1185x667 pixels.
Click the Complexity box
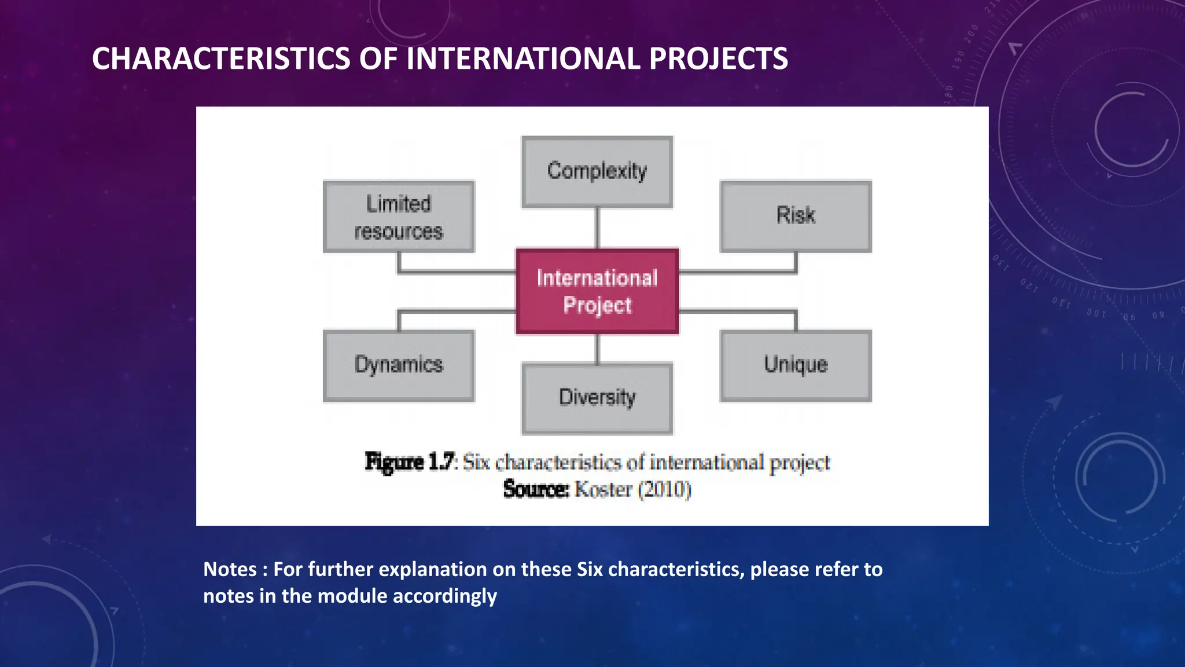pos(597,171)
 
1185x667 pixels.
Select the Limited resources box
pos(399,217)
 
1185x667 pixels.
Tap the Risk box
pos(796,216)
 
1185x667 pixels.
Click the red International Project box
pos(597,291)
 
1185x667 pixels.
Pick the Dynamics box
pos(399,365)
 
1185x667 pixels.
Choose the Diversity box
pos(597,398)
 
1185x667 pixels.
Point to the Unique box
pos(796,365)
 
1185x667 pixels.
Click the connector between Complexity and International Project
pos(597,228)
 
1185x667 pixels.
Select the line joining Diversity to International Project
pos(597,349)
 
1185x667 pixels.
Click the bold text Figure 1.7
pos(410,462)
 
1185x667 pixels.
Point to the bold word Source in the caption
pos(536,489)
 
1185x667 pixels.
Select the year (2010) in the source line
pos(664,490)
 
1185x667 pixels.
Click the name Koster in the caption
pos(603,490)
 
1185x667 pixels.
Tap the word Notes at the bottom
pos(230,570)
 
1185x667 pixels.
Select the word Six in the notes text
pos(590,570)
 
